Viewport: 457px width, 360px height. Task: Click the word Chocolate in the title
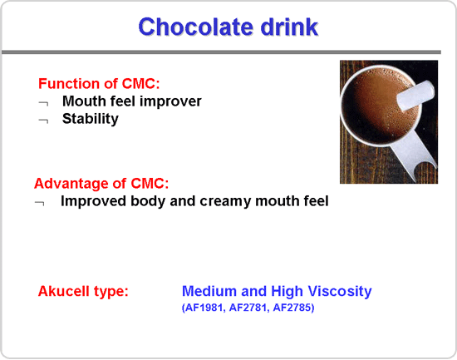196,27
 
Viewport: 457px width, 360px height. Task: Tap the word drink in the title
289,27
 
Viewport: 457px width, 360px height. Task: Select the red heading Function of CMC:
99,84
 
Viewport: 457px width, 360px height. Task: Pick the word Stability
91,119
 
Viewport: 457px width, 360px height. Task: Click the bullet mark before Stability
44,121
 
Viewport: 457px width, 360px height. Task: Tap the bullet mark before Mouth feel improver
44,103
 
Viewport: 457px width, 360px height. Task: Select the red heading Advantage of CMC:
101,184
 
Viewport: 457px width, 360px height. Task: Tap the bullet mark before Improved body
40,203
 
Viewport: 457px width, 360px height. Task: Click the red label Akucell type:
83,291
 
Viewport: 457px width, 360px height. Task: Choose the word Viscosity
340,291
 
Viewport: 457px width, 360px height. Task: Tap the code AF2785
293,308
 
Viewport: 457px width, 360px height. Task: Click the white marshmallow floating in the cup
415,96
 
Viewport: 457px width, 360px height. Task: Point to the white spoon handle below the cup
415,155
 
